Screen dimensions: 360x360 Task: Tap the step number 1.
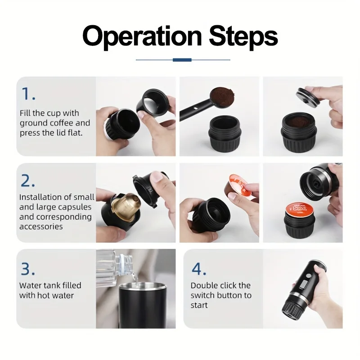(x=28, y=94)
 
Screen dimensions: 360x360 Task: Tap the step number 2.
(x=28, y=180)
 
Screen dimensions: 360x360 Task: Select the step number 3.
(x=28, y=269)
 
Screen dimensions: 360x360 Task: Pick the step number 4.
(x=199, y=269)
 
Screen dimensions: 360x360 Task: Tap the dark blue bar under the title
(x=182, y=59)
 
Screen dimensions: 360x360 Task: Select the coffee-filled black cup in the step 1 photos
(x=299, y=128)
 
